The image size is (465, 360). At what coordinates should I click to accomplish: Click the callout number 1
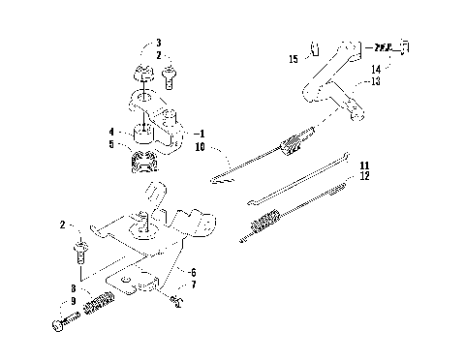point(201,134)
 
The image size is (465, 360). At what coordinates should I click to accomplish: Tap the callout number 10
point(201,146)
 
